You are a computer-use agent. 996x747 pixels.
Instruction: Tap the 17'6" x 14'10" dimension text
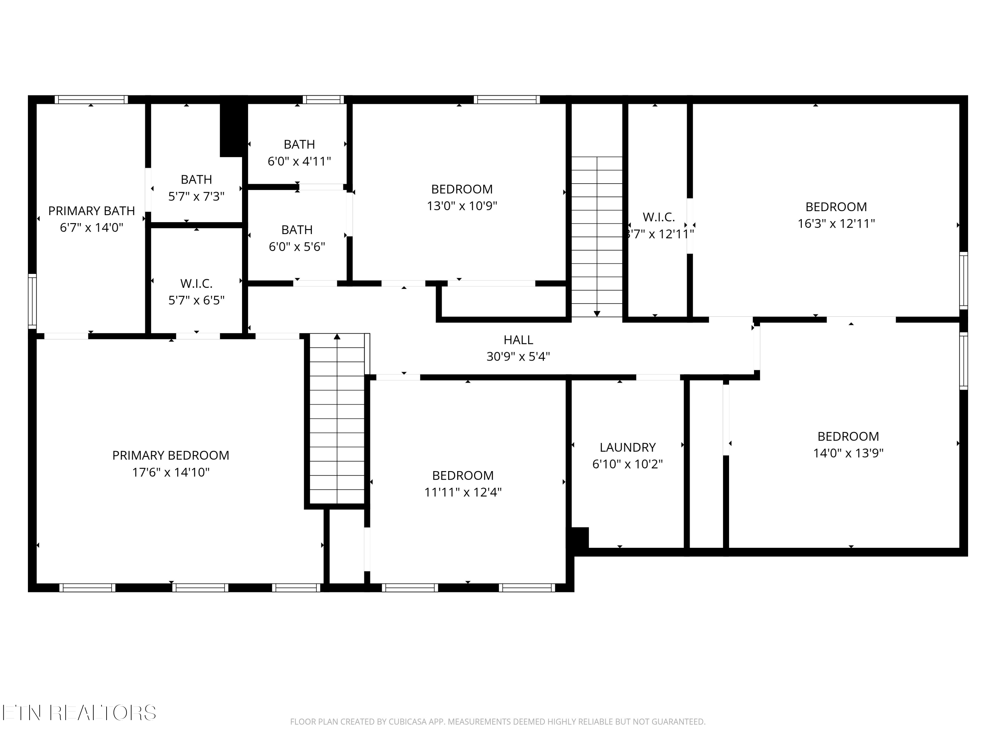pyautogui.click(x=171, y=472)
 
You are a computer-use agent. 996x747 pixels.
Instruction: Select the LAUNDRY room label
pyautogui.click(x=627, y=447)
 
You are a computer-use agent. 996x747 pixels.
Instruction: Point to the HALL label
pyautogui.click(x=518, y=340)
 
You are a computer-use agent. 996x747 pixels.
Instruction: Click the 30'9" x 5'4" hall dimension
pyautogui.click(x=518, y=357)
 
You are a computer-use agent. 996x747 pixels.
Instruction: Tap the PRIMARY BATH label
pyautogui.click(x=91, y=211)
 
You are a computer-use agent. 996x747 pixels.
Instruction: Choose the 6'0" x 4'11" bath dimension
pyautogui.click(x=299, y=161)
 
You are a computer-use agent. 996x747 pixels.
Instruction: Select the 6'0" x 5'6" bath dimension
pyautogui.click(x=297, y=247)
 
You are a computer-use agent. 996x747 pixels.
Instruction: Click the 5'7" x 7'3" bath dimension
pyautogui.click(x=196, y=196)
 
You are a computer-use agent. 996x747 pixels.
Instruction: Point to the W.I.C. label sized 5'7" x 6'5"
pyautogui.click(x=196, y=283)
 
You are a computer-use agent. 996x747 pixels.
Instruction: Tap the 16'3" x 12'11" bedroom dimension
pyautogui.click(x=836, y=223)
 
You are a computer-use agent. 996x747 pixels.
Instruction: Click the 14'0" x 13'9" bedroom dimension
pyautogui.click(x=848, y=453)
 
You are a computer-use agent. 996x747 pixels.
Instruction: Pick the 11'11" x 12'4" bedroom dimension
pyautogui.click(x=462, y=492)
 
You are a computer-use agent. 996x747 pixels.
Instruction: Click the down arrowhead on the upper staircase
pyautogui.click(x=597, y=314)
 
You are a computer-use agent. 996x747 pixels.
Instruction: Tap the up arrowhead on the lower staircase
pyautogui.click(x=337, y=336)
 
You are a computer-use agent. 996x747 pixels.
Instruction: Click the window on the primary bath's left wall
pyautogui.click(x=32, y=301)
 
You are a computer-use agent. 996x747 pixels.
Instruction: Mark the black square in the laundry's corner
pyautogui.click(x=580, y=537)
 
